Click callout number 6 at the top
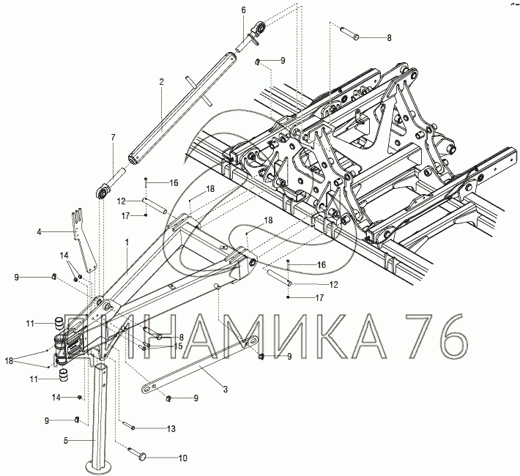244,10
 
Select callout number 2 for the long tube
162,82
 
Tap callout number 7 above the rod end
114,138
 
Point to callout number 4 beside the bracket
39,232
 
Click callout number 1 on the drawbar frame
127,242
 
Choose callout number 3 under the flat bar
226,389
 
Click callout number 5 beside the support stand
66,441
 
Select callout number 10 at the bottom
182,458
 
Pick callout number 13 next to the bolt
171,429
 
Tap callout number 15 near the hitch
178,346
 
